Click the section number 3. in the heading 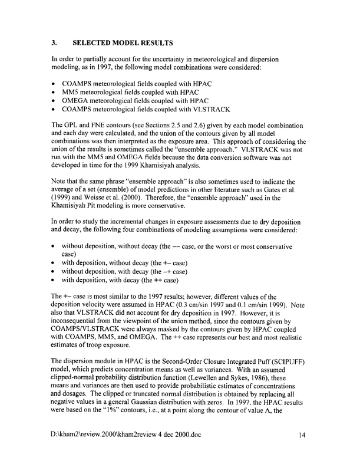pyautogui.click(x=54, y=43)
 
